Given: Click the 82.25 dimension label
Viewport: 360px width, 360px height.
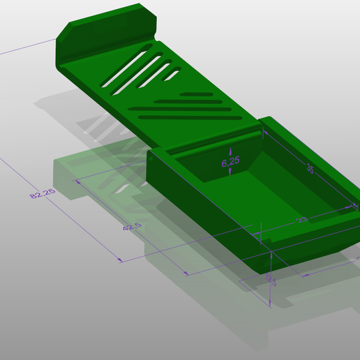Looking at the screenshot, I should click(x=42, y=193).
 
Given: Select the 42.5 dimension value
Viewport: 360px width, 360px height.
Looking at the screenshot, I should click(x=132, y=227).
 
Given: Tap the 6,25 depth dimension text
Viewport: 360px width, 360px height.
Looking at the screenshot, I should click(x=230, y=162).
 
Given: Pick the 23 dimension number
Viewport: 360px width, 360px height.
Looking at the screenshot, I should click(x=302, y=220).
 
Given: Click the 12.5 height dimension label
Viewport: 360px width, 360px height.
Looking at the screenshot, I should click(x=270, y=279).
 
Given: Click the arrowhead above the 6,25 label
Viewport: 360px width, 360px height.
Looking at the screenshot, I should click(x=230, y=149).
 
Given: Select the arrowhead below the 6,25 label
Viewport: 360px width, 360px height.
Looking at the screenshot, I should click(x=230, y=174).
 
